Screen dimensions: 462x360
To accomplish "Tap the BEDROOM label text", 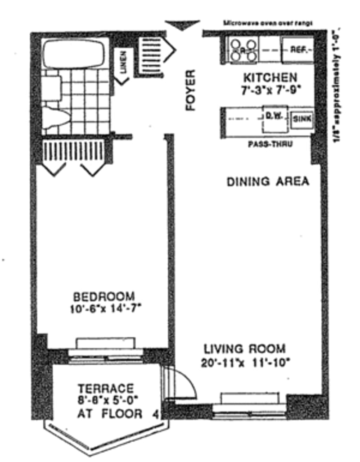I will [104, 297].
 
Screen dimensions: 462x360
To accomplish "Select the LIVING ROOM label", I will [244, 349].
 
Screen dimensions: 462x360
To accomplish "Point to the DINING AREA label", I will [268, 181].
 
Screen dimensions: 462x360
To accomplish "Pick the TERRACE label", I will [105, 388].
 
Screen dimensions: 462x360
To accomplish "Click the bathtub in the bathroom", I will [75, 53].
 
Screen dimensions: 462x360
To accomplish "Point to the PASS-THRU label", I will [270, 145].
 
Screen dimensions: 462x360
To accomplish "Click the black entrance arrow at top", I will [183, 26].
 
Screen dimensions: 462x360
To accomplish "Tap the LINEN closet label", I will [124, 62].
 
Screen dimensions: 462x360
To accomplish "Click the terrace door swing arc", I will [184, 380].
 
